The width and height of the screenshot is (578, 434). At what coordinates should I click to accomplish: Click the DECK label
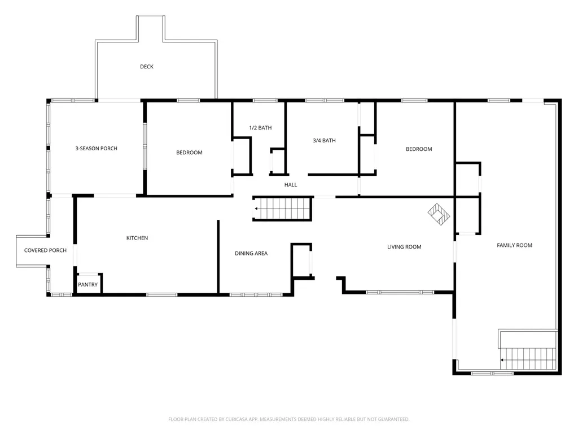click(x=147, y=67)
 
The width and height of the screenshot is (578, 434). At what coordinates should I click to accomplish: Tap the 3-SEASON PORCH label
click(x=96, y=149)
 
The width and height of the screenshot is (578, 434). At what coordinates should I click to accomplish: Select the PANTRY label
click(x=87, y=285)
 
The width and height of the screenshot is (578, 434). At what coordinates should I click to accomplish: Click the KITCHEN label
click(x=137, y=238)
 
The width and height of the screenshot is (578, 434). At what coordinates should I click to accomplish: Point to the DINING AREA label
click(x=251, y=253)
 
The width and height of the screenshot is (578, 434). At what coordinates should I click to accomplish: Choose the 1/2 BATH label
click(x=260, y=128)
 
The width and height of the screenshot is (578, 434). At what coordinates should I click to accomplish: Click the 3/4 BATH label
click(x=325, y=140)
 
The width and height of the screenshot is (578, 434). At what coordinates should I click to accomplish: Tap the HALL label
click(x=291, y=185)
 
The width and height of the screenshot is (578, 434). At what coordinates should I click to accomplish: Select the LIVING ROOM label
click(x=404, y=247)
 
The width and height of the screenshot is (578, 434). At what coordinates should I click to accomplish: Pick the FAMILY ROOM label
click(x=514, y=245)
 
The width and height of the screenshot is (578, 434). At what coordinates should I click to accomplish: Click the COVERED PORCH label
click(x=45, y=250)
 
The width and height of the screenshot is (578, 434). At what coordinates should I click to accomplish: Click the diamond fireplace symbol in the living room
click(x=439, y=214)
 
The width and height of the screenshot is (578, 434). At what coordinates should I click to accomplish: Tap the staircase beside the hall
click(x=282, y=209)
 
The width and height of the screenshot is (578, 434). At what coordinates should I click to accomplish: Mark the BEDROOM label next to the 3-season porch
click(x=189, y=153)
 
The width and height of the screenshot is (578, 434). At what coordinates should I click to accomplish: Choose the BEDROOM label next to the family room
click(x=419, y=149)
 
